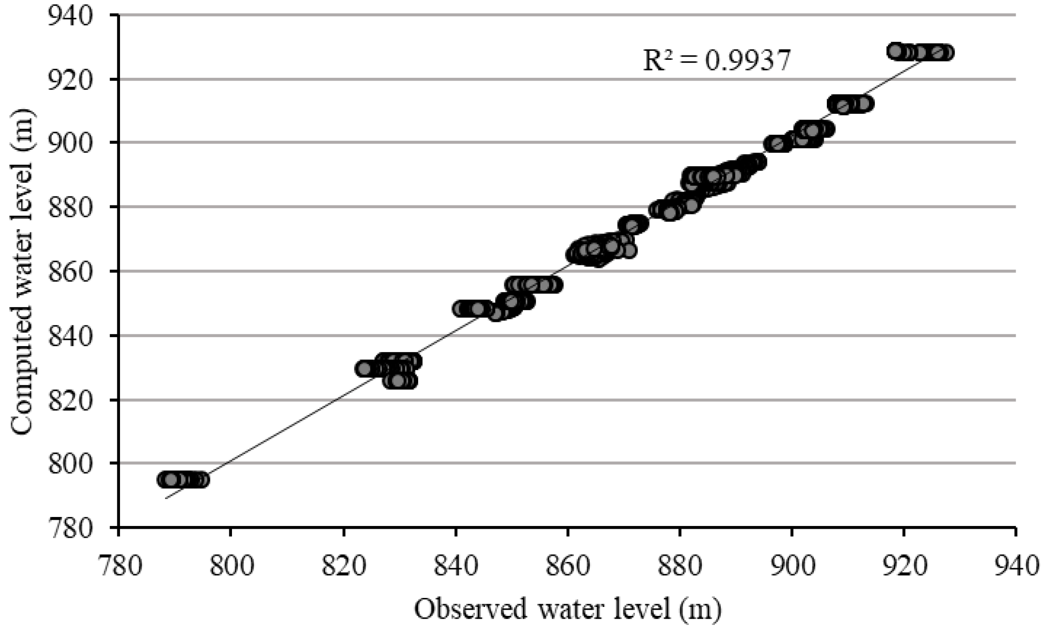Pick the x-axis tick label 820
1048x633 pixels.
pyautogui.click(x=343, y=566)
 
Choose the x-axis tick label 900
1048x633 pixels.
pyautogui.click(x=792, y=566)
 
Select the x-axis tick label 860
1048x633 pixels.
pyautogui.click(x=568, y=566)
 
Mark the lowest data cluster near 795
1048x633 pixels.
pyautogui.click(x=183, y=480)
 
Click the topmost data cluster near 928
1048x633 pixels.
pyautogui.click(x=920, y=52)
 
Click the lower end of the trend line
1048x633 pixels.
pyautogui.click(x=166, y=498)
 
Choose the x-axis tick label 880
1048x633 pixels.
pyautogui.click(x=680, y=566)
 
